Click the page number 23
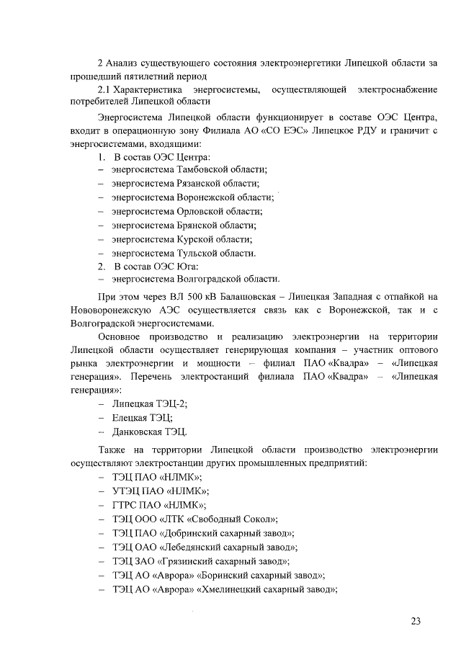(416, 621)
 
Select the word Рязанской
(200, 183)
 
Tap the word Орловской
(200, 211)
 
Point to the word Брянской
(198, 225)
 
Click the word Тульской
(198, 253)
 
